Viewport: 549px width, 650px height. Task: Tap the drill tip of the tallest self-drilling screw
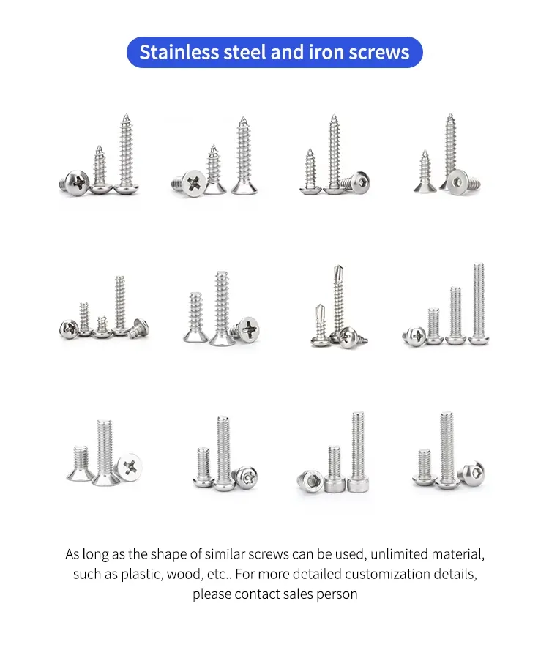click(x=337, y=271)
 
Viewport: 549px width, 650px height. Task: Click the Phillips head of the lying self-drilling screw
click(x=348, y=337)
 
